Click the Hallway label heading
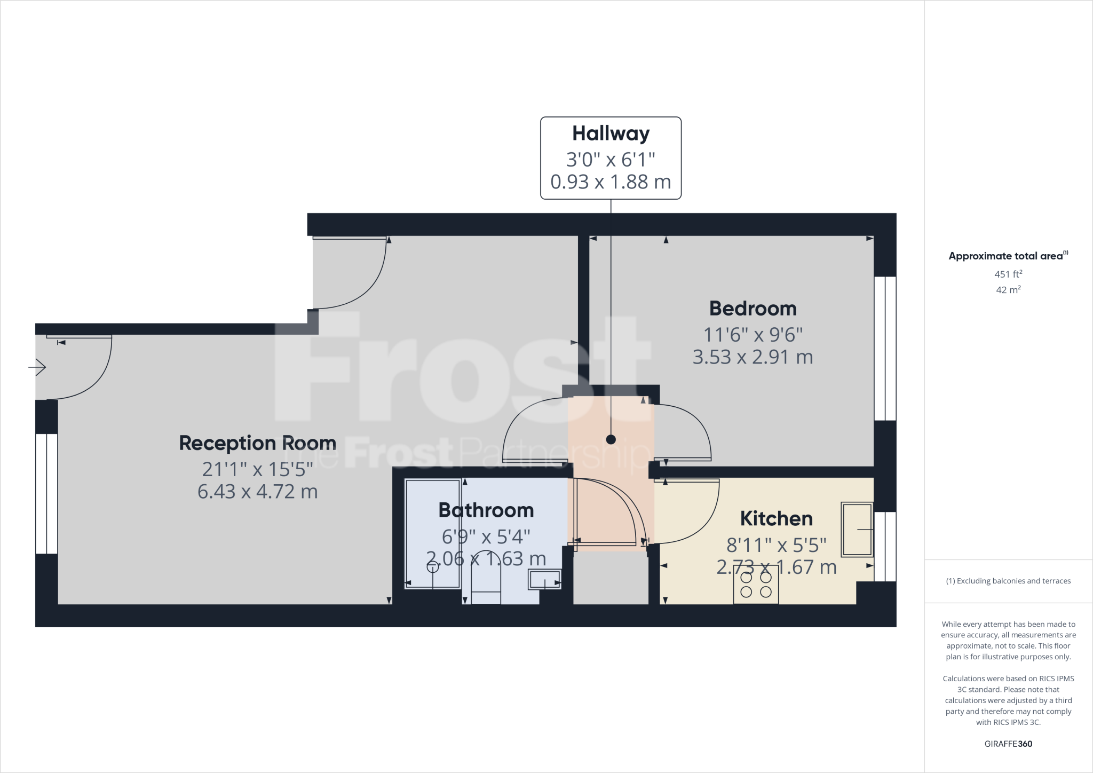(611, 133)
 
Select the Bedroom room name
(753, 309)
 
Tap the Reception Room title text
(257, 443)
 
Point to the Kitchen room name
(776, 519)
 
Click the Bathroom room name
(486, 510)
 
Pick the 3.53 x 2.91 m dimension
(753, 357)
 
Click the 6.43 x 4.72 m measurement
(257, 492)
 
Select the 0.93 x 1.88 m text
(611, 182)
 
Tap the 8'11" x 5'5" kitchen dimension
(776, 545)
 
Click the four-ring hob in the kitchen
(756, 585)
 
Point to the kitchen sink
(857, 529)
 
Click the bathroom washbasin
(544, 579)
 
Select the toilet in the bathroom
(486, 579)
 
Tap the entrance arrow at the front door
(37, 367)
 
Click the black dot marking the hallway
(611, 440)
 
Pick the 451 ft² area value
(1008, 274)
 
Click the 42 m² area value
(1008, 290)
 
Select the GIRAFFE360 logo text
(1008, 744)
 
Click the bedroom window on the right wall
(885, 348)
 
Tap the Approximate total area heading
(1008, 256)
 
